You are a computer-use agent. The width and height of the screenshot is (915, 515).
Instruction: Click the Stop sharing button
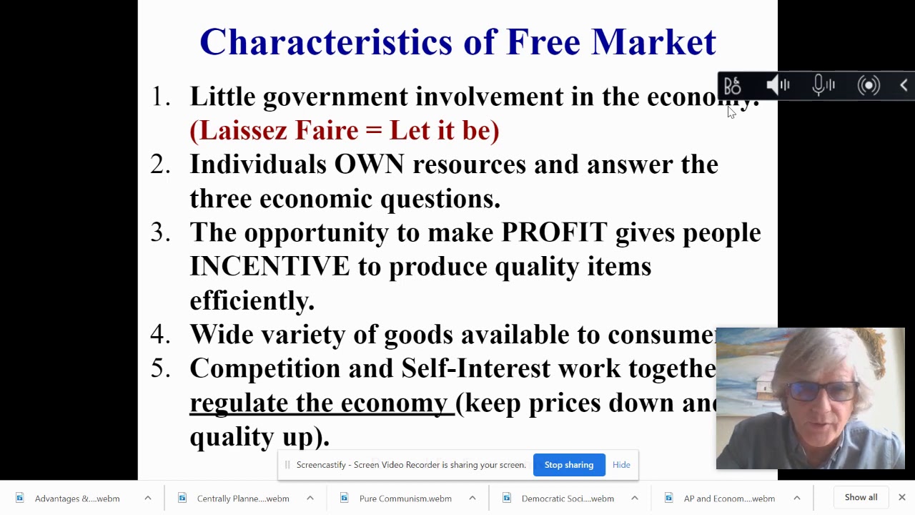(569, 465)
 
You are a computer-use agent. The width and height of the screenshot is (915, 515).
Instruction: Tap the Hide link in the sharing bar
(621, 465)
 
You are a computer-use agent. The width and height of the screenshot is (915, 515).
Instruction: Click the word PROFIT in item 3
(554, 232)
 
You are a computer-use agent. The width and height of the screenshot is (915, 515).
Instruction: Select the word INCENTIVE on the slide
(269, 267)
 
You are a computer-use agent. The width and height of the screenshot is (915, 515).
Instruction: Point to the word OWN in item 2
(369, 165)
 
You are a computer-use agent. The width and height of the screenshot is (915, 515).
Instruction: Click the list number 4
(159, 335)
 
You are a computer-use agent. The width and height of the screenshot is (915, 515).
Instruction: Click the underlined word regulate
(239, 403)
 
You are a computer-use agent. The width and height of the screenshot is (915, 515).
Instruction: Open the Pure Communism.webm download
(405, 499)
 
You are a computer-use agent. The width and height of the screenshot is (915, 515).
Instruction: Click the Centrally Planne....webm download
(242, 499)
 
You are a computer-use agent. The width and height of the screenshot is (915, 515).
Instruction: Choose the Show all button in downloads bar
(861, 498)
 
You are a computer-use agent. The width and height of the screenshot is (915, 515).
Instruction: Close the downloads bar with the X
(902, 498)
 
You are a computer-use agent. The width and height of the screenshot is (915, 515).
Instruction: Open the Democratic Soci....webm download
(567, 499)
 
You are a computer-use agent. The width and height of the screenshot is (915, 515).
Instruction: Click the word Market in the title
(653, 42)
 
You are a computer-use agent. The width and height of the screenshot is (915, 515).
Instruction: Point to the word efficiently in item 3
(252, 301)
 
